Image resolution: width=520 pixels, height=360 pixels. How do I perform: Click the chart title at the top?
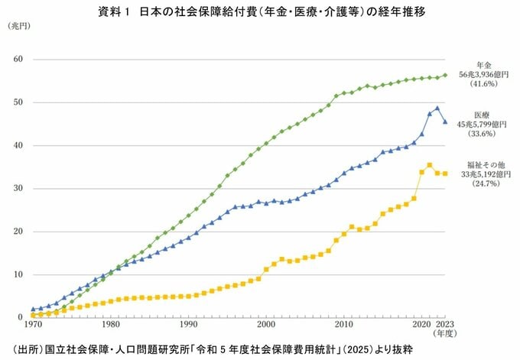(261, 12)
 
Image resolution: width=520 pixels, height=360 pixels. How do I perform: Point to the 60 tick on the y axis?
(19, 60)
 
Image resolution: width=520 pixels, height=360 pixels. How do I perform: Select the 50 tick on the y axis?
(19, 102)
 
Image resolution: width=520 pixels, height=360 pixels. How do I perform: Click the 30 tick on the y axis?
(19, 189)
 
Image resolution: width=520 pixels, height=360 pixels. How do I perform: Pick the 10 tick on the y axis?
(19, 274)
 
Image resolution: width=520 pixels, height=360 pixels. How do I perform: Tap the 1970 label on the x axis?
(33, 325)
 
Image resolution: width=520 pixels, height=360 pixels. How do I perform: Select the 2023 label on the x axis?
(447, 325)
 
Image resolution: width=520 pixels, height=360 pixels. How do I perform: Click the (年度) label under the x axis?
(447, 334)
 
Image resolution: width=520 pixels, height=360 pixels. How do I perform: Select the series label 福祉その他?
(483, 164)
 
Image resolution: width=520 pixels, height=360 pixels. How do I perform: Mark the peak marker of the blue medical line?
(437, 109)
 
